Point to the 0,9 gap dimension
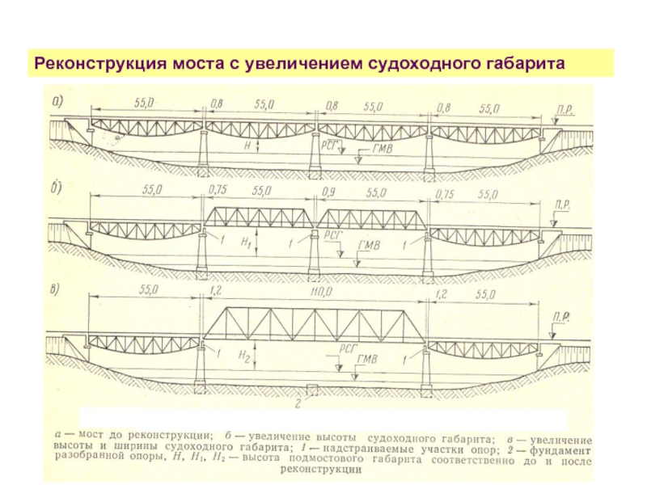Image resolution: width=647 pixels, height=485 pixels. pos(328,193)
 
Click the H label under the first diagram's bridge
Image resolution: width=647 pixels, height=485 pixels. pos(246,146)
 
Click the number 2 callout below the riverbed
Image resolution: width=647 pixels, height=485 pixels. pos(299,402)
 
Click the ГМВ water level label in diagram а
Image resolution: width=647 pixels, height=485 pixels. pos(383,150)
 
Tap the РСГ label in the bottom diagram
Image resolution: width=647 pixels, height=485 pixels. pos(348,344)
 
